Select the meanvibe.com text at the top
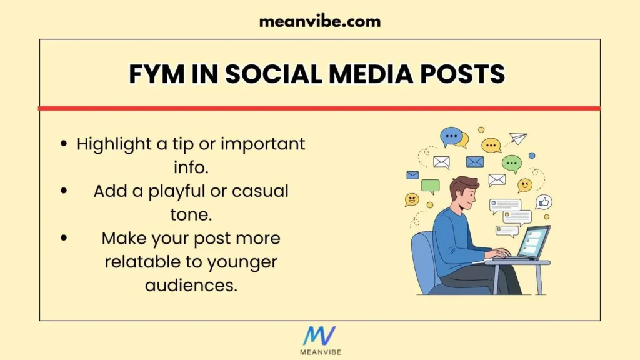click(319, 21)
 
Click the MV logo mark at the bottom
click(319, 336)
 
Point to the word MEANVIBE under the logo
click(319, 352)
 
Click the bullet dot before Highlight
click(64, 144)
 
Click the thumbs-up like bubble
click(544, 202)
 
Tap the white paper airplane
click(518, 138)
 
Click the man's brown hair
click(463, 186)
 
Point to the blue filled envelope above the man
click(475, 161)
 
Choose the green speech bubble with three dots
click(512, 164)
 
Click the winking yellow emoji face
click(525, 185)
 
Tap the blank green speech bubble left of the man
click(430, 186)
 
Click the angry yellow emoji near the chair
click(412, 199)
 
